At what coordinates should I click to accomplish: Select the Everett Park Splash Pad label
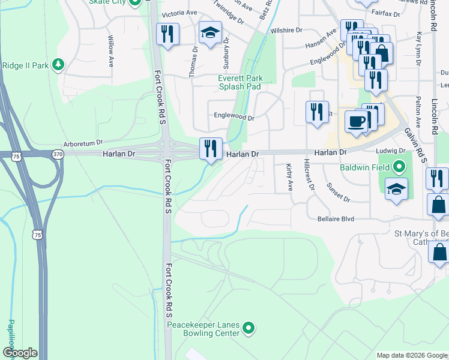[239, 82]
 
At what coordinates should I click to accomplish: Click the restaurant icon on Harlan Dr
[211, 148]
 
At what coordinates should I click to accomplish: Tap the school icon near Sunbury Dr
[210, 34]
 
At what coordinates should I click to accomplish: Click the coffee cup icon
[357, 122]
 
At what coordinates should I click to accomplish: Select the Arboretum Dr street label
[84, 145]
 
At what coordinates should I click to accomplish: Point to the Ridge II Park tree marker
[58, 64]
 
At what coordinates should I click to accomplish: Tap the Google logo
[20, 353]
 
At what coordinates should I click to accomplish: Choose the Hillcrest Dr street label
[309, 175]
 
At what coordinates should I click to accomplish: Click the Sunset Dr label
[338, 191]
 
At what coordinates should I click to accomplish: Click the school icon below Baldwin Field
[396, 189]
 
